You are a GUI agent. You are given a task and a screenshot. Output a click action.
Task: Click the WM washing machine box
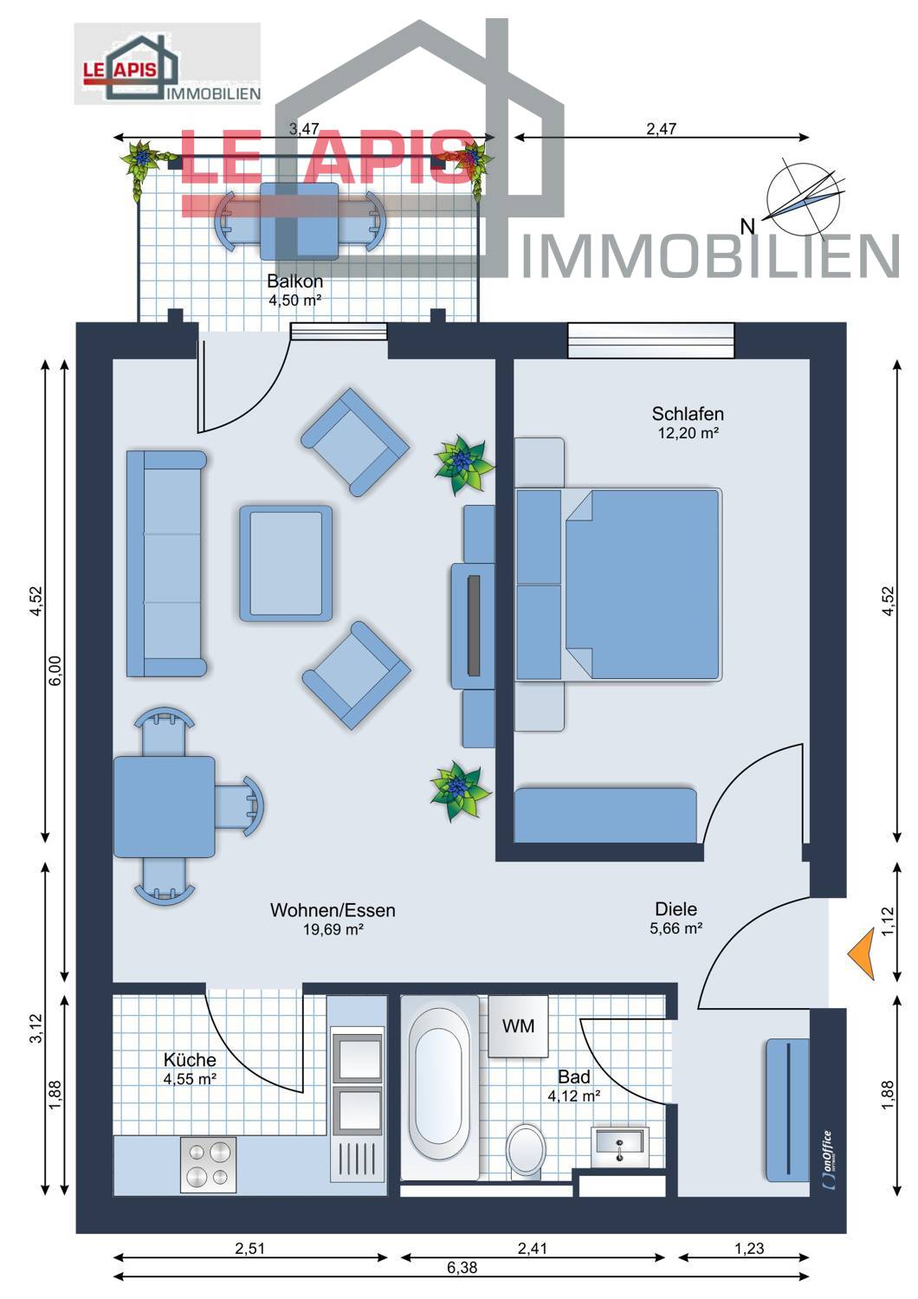[518, 1026]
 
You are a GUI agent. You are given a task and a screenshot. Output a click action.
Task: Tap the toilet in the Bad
[526, 1150]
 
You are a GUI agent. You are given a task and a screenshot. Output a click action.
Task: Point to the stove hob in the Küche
[208, 1164]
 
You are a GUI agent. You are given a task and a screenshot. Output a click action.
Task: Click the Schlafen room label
[688, 414]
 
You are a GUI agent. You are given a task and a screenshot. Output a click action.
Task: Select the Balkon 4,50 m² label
[294, 290]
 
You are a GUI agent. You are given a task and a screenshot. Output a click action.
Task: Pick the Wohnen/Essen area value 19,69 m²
[333, 930]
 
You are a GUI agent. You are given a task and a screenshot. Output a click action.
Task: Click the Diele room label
[676, 909]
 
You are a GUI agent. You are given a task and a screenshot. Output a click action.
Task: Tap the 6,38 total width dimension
[462, 1268]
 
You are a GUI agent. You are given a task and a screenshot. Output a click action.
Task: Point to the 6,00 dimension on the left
[55, 671]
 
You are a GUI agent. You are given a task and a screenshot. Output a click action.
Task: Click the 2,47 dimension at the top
[661, 129]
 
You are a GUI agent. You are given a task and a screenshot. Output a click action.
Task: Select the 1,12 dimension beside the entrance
[887, 921]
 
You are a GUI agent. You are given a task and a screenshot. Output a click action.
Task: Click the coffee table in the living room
[286, 563]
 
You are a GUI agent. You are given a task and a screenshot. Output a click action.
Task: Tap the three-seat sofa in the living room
[166, 563]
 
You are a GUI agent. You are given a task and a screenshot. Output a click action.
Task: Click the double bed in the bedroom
[641, 585]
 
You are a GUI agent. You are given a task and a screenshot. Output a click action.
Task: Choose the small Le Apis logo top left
[167, 64]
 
